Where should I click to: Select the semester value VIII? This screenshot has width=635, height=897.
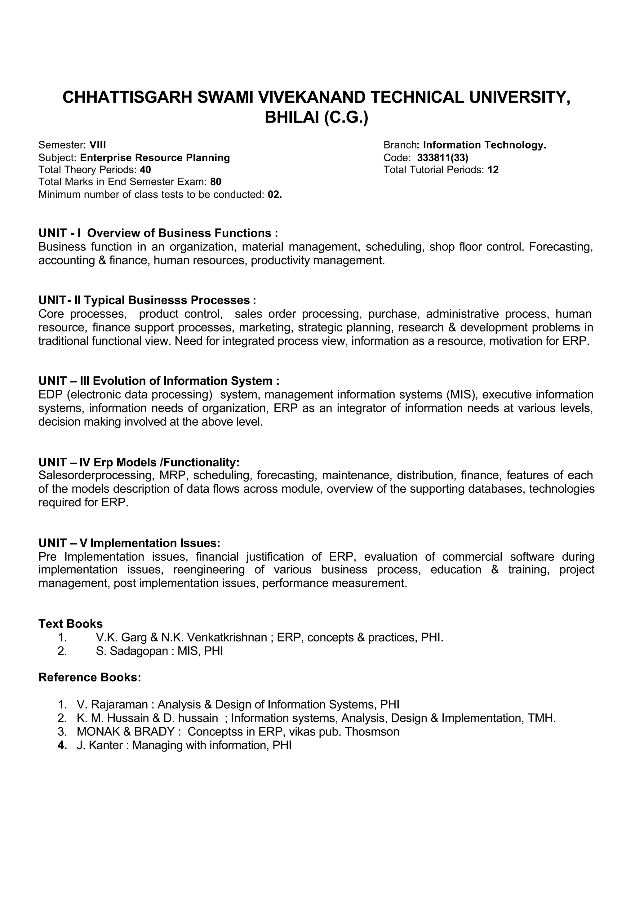(98, 145)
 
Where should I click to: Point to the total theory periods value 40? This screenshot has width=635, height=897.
(145, 170)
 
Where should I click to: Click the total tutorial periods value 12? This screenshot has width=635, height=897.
(493, 170)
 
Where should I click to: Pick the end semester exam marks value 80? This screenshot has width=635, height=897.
(215, 182)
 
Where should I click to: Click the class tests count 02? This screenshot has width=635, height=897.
(274, 194)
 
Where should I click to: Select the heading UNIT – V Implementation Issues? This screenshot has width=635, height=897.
(129, 543)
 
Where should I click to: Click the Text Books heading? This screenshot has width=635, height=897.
(70, 624)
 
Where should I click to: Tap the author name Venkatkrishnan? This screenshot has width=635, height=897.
(227, 638)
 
